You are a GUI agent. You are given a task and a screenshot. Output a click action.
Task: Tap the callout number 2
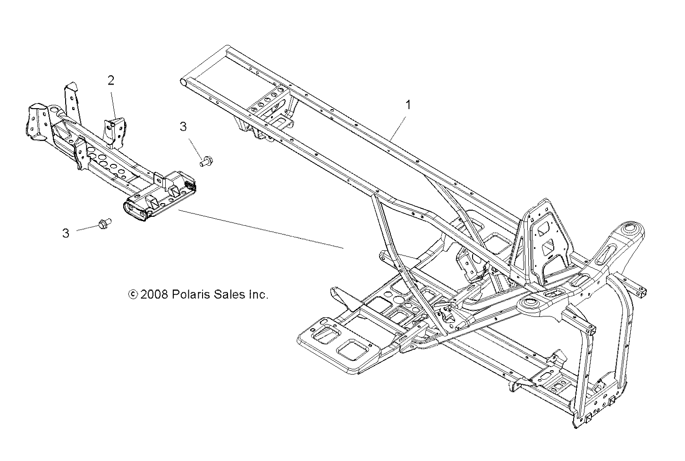111,80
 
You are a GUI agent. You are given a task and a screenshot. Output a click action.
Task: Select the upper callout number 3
183,127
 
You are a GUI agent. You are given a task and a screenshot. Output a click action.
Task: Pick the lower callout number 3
66,233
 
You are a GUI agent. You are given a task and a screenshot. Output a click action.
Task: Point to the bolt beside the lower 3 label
103,223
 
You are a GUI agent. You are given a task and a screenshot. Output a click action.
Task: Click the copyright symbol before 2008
133,295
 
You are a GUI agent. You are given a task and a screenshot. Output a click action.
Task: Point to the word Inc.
258,295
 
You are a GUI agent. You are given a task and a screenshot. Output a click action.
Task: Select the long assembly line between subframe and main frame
260,229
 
